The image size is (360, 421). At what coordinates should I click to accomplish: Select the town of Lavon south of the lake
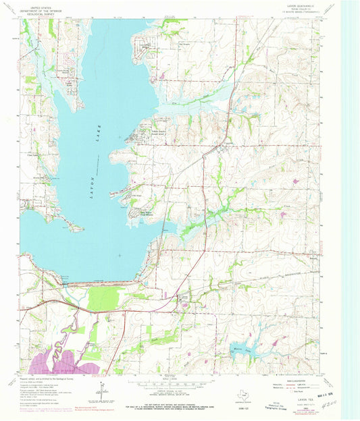pyautogui.click(x=183, y=298)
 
